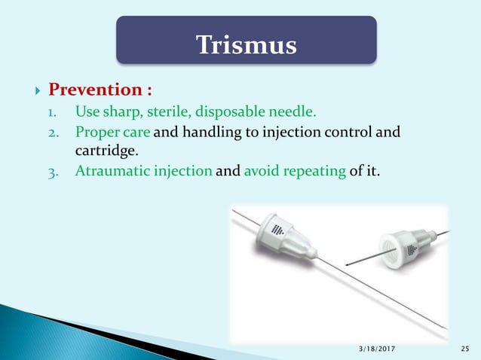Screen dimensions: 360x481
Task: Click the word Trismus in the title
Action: coord(246,44)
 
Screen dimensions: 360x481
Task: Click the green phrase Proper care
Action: coord(112,133)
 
